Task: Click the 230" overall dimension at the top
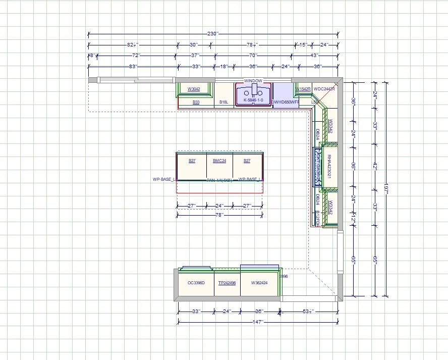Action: point(212,34)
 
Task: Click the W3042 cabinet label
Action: point(194,89)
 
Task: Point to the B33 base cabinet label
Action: point(196,102)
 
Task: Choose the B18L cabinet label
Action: point(223,102)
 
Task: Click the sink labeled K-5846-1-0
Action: point(253,100)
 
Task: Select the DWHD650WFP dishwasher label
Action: point(286,102)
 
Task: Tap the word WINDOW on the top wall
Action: point(253,81)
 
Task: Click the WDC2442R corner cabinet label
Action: point(324,89)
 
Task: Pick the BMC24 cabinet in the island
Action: point(219,161)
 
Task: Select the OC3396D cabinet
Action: point(196,283)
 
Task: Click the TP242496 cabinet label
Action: point(227,283)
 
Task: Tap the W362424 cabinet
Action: point(259,283)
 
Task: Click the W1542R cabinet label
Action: point(303,89)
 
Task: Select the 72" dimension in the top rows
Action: point(136,55)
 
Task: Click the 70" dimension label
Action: point(253,55)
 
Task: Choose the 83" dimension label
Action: point(133,66)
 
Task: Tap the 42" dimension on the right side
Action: point(375,165)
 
